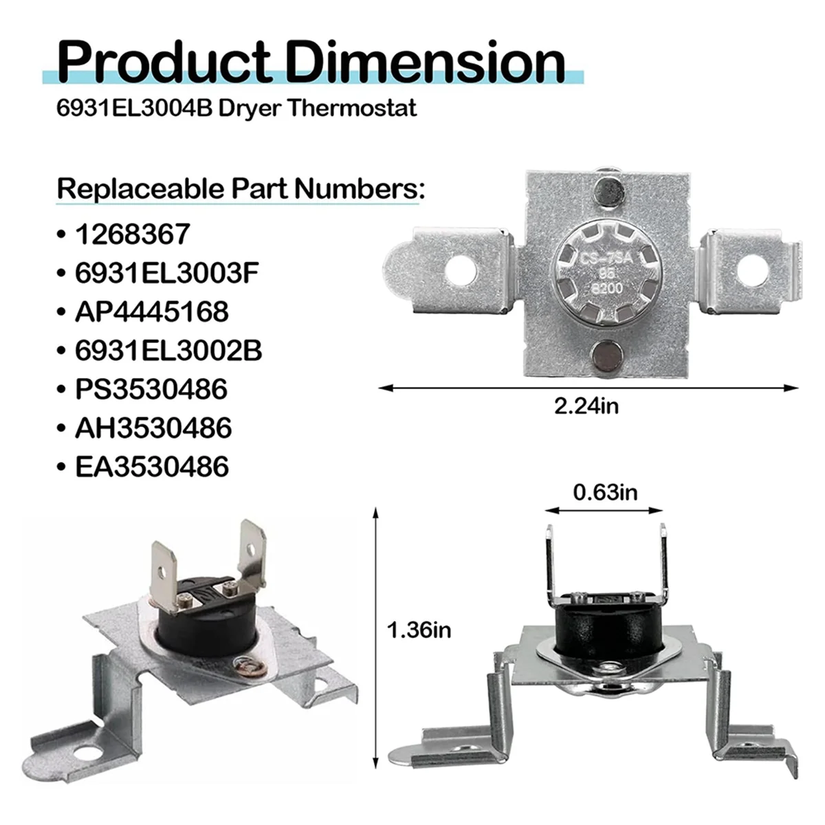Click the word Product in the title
[x=164, y=62]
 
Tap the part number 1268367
[x=133, y=234]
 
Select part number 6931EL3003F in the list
[x=167, y=273]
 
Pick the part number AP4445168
[x=152, y=311]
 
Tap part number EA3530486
[x=152, y=466]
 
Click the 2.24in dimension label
[x=586, y=406]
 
